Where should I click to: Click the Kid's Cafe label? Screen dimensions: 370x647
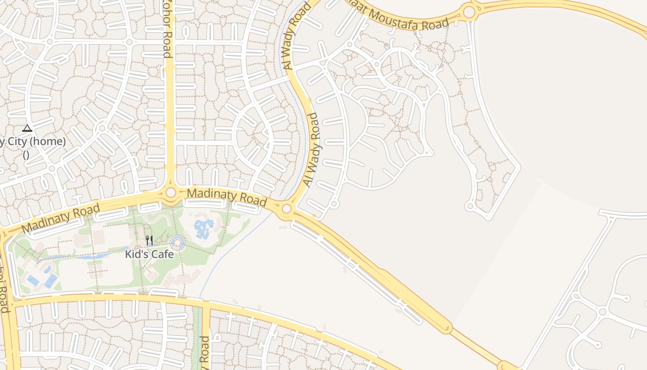pyautogui.click(x=149, y=254)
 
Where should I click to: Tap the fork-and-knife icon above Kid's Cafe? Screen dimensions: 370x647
pyautogui.click(x=149, y=240)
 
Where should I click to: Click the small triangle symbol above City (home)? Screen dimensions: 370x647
pyautogui.click(x=27, y=128)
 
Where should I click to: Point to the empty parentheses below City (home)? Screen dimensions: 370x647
pyautogui.click(x=26, y=155)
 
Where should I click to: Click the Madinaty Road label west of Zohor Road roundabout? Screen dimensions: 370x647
pyautogui.click(x=61, y=218)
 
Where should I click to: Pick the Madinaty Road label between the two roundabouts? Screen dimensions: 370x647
pyautogui.click(x=227, y=197)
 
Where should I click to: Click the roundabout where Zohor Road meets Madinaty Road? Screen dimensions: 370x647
pyautogui.click(x=171, y=192)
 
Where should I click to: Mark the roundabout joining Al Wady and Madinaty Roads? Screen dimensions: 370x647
pyautogui.click(x=287, y=209)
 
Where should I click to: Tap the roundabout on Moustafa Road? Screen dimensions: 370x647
pyautogui.click(x=469, y=12)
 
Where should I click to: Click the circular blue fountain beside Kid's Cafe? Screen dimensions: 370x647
pyautogui.click(x=177, y=242)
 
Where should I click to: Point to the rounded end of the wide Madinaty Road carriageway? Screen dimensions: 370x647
pyautogui.click(x=446, y=328)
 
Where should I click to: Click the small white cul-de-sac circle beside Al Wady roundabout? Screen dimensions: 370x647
pyautogui.click(x=335, y=203)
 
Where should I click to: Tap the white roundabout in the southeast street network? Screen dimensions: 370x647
pyautogui.click(x=602, y=312)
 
